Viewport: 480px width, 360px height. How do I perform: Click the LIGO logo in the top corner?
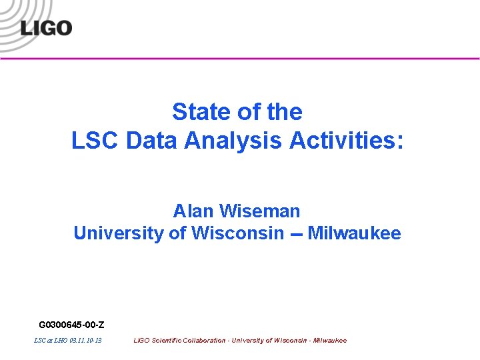45,27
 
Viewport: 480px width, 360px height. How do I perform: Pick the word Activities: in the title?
347,140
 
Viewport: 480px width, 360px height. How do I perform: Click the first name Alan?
193,211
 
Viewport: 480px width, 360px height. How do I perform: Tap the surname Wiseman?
259,211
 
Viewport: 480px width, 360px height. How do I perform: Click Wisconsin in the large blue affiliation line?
237,233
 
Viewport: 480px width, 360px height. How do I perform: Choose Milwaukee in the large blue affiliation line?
354,233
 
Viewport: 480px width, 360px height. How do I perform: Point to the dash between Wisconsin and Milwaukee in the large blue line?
295,235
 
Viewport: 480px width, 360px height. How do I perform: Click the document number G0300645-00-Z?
71,325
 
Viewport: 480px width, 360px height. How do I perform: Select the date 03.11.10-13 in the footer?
85,341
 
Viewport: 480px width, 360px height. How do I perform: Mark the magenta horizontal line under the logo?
267,59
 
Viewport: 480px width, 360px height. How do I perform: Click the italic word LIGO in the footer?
141,341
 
